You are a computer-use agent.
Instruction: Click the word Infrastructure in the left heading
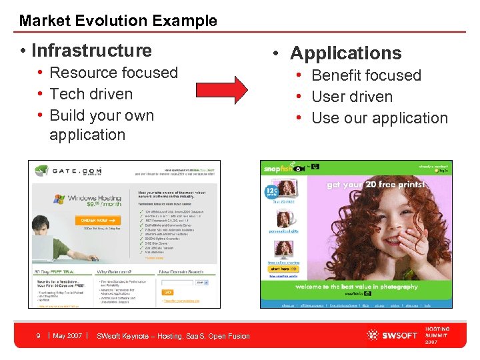[x=91, y=51]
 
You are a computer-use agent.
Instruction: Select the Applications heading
[x=345, y=53]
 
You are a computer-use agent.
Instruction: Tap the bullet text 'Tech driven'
[x=91, y=94]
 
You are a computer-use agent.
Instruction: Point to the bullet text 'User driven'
[x=352, y=97]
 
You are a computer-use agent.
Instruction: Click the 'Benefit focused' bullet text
[x=366, y=75]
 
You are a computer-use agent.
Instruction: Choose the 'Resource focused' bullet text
[x=113, y=73]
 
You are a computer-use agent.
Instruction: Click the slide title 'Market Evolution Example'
[x=118, y=21]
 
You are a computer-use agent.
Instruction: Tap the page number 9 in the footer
[x=39, y=336]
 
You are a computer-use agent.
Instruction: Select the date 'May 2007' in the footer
[x=67, y=336]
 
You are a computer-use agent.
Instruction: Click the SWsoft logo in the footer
[x=391, y=335]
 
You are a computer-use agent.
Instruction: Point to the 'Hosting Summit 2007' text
[x=437, y=335]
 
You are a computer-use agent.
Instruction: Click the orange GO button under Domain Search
[x=168, y=291]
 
